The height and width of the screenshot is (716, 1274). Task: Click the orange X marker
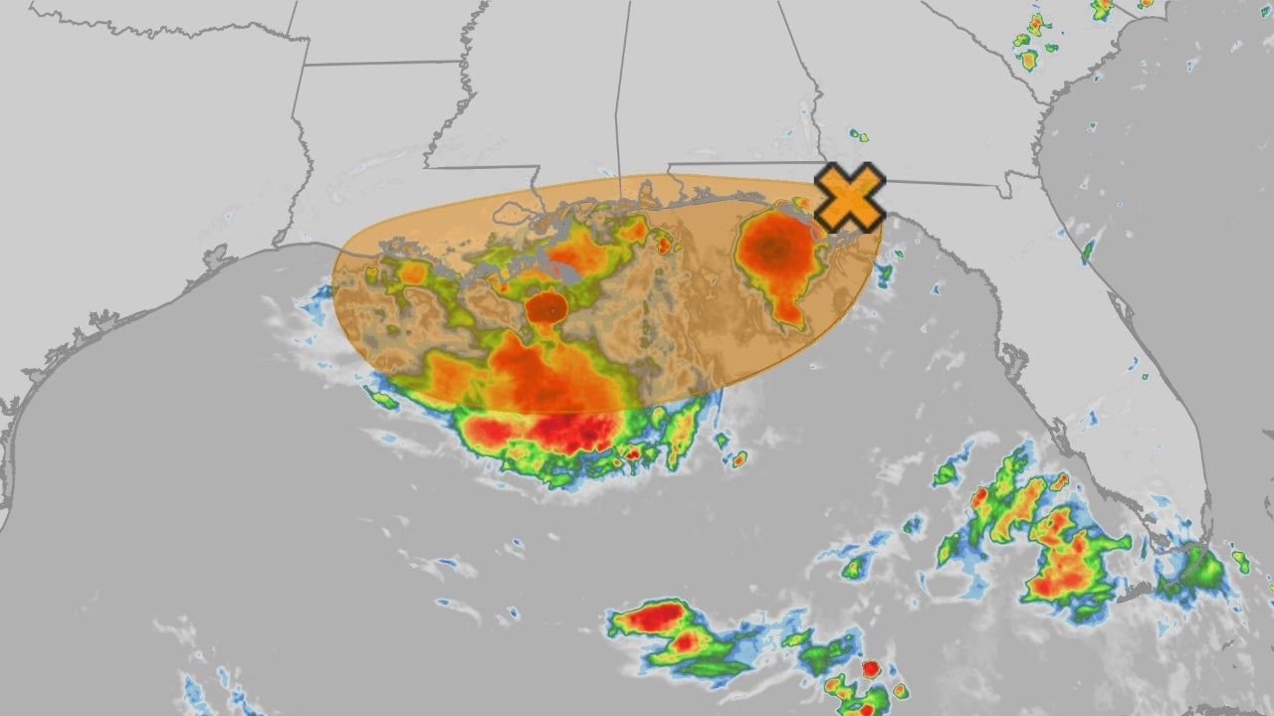point(849,197)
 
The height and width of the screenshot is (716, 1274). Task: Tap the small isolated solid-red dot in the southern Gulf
point(871,669)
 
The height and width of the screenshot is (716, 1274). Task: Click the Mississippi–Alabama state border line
point(623,89)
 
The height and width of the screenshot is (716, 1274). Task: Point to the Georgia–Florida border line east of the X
point(946,182)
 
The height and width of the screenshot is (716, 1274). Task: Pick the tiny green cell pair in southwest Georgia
point(858,134)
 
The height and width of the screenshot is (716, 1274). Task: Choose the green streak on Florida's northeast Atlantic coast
point(1088,250)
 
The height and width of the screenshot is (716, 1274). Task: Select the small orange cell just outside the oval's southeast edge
point(739,459)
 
